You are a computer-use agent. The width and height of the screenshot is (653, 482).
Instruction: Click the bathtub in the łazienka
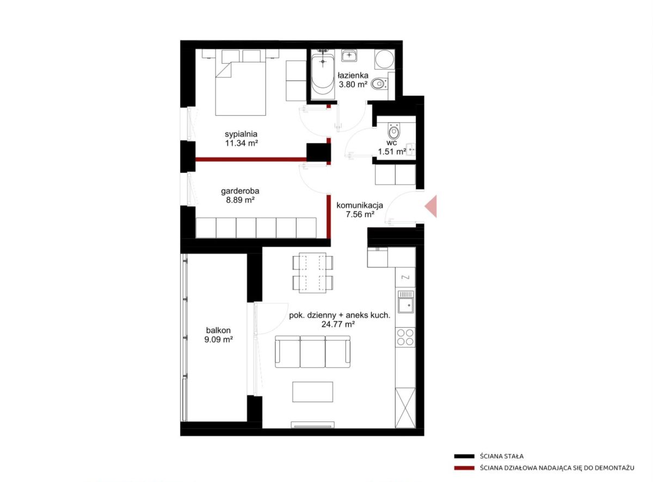(x=323, y=76)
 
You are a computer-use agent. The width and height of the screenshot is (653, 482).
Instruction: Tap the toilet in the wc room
(x=393, y=131)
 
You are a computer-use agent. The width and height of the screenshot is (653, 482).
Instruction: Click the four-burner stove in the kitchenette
(x=405, y=337)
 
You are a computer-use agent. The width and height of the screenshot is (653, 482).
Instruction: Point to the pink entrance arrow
(x=431, y=206)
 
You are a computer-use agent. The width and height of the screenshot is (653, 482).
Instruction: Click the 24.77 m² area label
(x=338, y=324)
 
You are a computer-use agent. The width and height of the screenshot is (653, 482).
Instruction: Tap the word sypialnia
(x=241, y=134)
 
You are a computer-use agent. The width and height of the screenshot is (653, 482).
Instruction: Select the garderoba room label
(x=240, y=191)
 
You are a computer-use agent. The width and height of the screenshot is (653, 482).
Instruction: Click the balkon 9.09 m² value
(x=218, y=340)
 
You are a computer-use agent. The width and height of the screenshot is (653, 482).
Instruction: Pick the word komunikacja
(x=360, y=205)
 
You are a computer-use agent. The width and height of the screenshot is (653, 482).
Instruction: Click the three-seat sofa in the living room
(x=313, y=352)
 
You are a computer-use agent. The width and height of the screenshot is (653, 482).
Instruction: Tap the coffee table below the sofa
(x=313, y=392)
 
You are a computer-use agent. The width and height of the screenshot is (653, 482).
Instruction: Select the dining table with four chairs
(x=313, y=273)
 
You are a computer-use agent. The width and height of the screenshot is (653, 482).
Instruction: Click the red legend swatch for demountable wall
(x=464, y=468)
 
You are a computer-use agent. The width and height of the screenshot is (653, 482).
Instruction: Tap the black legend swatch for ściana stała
(x=464, y=456)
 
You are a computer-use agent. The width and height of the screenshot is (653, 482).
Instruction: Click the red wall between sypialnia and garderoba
(x=251, y=159)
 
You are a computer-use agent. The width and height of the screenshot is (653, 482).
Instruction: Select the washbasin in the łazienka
(x=349, y=55)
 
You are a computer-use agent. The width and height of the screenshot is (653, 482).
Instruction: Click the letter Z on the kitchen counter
(x=406, y=277)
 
